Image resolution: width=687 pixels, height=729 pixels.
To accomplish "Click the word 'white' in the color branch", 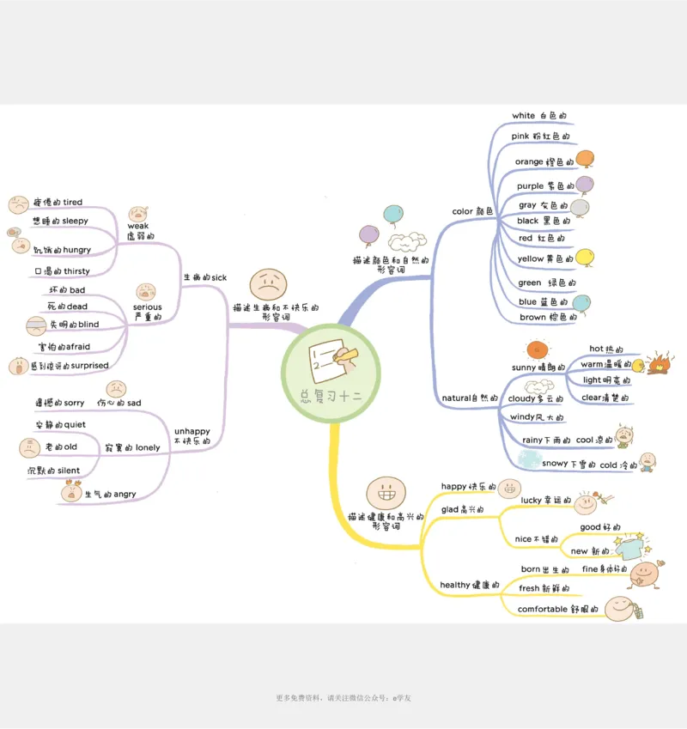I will click(x=523, y=116).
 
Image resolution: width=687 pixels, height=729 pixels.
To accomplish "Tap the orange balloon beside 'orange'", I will click(x=586, y=159).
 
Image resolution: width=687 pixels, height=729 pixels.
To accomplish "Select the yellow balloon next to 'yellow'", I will click(x=585, y=257).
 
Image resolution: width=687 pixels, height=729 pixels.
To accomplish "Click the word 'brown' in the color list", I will click(x=532, y=318).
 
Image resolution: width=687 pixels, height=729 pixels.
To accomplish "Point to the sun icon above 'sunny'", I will click(x=538, y=349).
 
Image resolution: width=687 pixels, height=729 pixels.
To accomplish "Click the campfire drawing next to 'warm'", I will click(x=658, y=361).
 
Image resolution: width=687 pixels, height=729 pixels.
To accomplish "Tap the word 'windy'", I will click(x=522, y=417).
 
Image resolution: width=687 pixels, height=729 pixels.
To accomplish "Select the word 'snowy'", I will click(x=554, y=465).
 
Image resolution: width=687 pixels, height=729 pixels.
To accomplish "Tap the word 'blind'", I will click(x=88, y=325).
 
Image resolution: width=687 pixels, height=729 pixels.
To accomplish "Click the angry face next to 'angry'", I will click(x=70, y=491).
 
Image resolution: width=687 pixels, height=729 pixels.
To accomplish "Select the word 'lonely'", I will click(x=148, y=448).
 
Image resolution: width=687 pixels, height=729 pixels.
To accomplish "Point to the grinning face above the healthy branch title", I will click(x=381, y=493).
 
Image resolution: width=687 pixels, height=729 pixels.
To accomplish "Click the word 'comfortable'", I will click(x=542, y=610).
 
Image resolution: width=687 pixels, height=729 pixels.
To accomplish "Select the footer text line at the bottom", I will click(x=343, y=698).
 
